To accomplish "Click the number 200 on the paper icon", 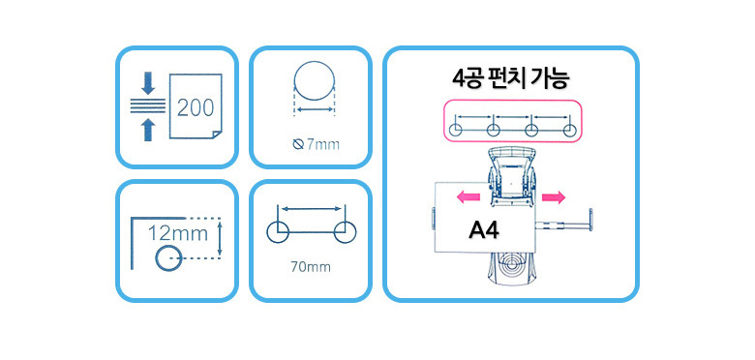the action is coord(196,107).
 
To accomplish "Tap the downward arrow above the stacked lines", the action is coord(148,83).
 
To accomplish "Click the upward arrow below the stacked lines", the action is coord(148,130).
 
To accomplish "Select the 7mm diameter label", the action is coord(316,144).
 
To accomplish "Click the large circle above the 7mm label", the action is coord(314,61).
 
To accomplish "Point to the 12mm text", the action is coord(178,234).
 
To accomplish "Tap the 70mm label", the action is coord(311,267).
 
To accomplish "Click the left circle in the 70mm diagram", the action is coord(267,232).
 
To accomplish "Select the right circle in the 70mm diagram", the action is coord(357,232).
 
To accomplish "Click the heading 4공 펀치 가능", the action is coord(511,78).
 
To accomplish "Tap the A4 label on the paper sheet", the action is coord(483,231).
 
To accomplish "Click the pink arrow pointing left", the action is coord(468,196).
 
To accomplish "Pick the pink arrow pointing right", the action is coord(554,196).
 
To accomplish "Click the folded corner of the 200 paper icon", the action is coord(217,134).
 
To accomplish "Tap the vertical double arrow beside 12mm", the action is coord(220,238).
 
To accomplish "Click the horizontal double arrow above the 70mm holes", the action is coord(312,209).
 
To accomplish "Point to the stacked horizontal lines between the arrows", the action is coord(148,105).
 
